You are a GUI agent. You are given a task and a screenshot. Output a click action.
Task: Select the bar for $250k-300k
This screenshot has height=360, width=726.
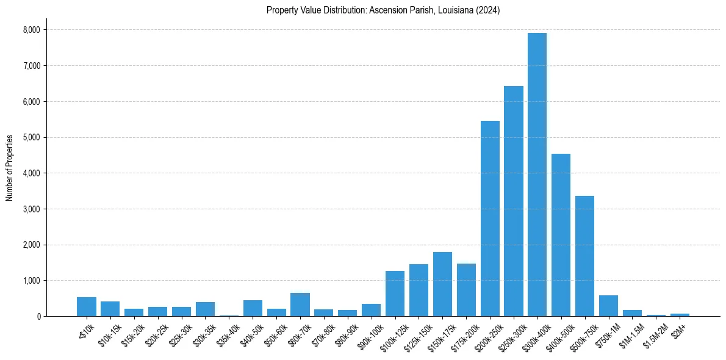tap(514, 201)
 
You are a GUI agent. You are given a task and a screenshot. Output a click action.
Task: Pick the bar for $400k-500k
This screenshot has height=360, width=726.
tap(561, 235)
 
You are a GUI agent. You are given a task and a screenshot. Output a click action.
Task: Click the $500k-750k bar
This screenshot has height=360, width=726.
tap(584, 256)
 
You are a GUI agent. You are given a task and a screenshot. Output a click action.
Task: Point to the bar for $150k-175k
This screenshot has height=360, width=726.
tap(442, 284)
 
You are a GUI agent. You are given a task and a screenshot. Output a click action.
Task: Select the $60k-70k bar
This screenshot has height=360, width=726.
tap(300, 304)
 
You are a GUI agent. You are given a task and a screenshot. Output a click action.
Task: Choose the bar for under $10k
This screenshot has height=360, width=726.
tap(87, 307)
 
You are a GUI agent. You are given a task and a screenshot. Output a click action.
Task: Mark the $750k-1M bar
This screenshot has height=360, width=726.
tap(608, 306)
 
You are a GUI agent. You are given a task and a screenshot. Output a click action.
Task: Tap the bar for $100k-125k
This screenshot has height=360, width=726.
tap(395, 293)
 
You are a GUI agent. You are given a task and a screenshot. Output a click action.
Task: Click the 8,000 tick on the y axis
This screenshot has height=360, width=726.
tap(31, 30)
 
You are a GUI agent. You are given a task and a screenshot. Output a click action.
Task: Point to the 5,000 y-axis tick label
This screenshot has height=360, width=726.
tap(31, 137)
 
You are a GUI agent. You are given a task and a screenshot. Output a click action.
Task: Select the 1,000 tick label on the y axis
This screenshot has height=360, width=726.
tap(31, 281)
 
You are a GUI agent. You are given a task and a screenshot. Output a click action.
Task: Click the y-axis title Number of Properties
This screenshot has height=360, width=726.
tap(10, 167)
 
